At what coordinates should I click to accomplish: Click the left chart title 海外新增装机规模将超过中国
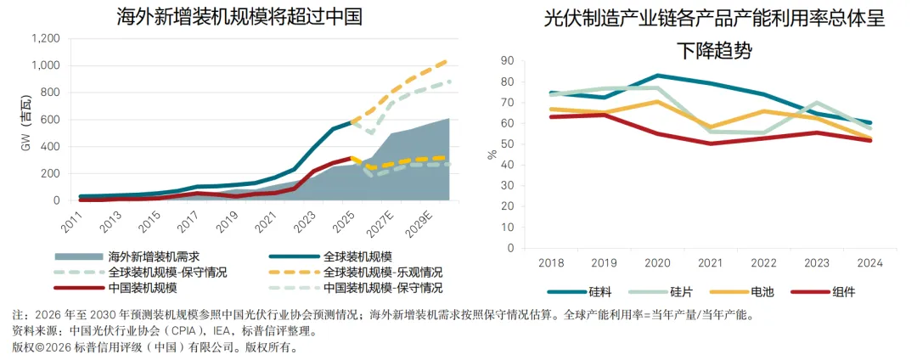click(239, 16)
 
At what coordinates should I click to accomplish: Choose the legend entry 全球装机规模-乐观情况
click(356, 272)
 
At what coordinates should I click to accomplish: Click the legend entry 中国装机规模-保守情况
click(356, 288)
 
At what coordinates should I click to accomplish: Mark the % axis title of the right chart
click(492, 155)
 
